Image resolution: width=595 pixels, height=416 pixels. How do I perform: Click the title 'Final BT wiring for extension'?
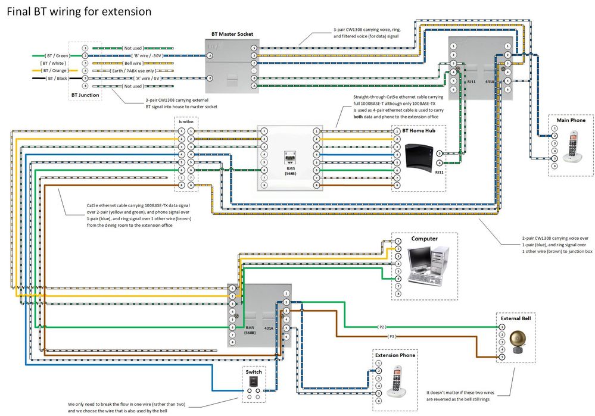click(x=79, y=11)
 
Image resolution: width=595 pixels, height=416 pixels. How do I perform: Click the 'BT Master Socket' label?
click(x=232, y=35)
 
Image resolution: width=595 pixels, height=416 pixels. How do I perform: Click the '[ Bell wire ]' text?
click(x=132, y=62)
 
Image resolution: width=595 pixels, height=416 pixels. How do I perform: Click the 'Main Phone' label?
click(x=571, y=120)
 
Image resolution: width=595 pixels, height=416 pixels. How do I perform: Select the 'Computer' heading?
click(x=424, y=239)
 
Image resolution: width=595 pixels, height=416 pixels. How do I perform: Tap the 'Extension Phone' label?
click(x=395, y=355)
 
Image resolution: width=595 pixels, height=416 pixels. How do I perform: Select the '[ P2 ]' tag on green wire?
click(x=382, y=327)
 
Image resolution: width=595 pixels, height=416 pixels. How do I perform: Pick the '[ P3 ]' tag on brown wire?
click(x=391, y=337)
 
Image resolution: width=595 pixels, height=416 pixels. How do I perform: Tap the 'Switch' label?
click(x=253, y=371)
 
